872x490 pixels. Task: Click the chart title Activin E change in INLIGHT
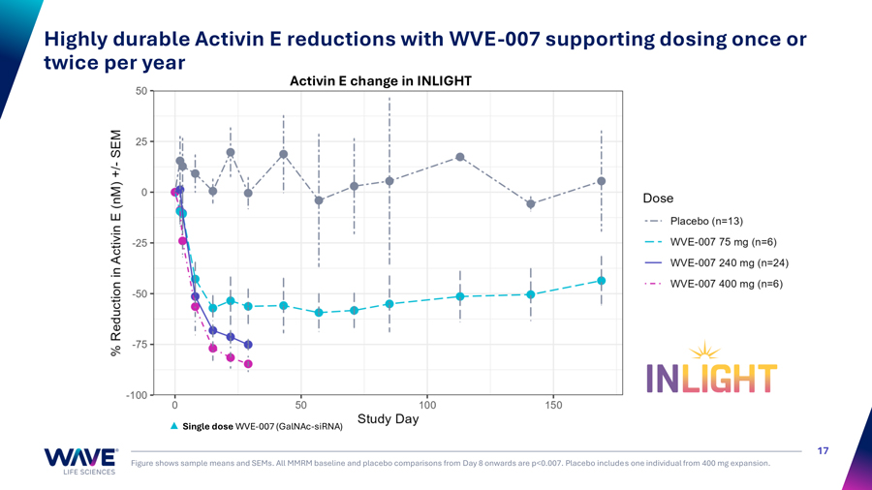click(381, 81)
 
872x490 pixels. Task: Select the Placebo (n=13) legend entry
click(706, 221)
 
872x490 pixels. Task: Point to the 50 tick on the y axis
click(141, 91)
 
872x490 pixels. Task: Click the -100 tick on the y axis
click(137, 395)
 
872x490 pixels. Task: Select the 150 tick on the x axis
click(553, 406)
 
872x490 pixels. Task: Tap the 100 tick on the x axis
click(427, 406)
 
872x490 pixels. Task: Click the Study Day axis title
click(388, 419)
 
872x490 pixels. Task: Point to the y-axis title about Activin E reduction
click(116, 242)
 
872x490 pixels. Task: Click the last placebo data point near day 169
click(602, 181)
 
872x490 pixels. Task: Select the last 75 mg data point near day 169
click(602, 281)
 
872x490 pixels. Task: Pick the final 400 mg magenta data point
click(248, 364)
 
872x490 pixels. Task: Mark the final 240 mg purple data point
click(248, 345)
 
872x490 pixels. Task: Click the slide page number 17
click(823, 450)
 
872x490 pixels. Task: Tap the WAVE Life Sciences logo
click(80, 460)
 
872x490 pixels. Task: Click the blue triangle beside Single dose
click(174, 426)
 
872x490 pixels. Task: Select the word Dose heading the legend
click(658, 199)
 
